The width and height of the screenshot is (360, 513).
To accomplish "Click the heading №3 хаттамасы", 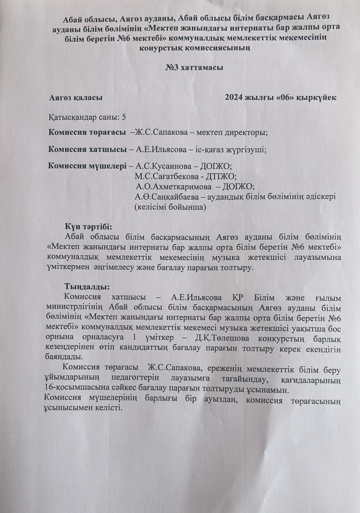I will [x=194, y=68].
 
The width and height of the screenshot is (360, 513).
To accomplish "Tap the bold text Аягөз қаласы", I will [x=76, y=98].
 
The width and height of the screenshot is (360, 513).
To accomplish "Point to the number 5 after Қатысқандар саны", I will [x=124, y=117].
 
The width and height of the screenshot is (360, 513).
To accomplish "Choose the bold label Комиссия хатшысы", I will [x=87, y=149].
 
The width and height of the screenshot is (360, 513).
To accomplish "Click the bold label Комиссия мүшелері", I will [x=87, y=166].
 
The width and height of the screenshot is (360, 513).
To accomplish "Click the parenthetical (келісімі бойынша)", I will [x=170, y=207].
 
